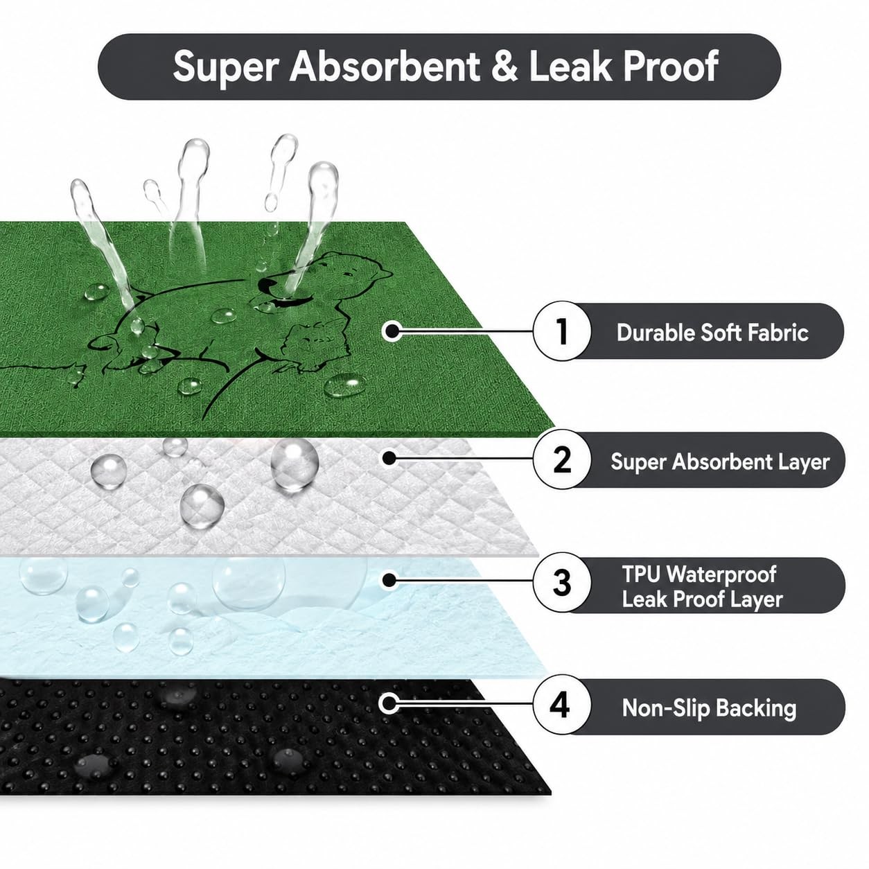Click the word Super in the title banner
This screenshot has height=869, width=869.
[225, 67]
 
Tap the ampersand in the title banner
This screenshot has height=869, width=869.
[504, 66]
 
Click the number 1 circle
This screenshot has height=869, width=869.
[561, 331]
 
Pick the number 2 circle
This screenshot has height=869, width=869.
[561, 460]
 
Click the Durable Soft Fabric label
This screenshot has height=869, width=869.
[712, 333]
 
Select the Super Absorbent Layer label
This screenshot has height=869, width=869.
[720, 462]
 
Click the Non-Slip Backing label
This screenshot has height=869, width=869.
[709, 708]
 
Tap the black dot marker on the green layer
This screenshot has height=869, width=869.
[392, 331]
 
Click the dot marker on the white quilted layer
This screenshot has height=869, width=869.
[389, 458]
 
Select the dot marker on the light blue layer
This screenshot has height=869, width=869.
[389, 581]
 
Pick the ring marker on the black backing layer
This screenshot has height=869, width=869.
[389, 703]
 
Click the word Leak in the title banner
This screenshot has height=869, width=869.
[569, 66]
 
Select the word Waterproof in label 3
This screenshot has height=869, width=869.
[721, 574]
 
